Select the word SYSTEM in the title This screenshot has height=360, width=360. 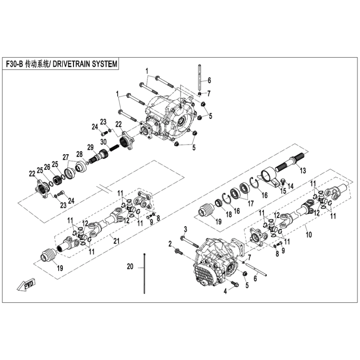click(105, 64)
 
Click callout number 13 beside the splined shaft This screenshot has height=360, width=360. click(303, 170)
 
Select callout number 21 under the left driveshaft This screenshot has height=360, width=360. click(116, 241)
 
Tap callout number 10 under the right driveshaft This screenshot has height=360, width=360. click(310, 234)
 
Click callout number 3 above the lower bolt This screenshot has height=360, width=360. click(185, 228)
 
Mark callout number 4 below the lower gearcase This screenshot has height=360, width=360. click(225, 292)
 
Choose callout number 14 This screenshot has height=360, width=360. click(291, 186)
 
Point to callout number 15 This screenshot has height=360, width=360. click(282, 192)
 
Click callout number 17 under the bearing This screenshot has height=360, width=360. click(251, 203)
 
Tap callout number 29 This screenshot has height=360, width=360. click(89, 147)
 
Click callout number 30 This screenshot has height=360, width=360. click(103, 142)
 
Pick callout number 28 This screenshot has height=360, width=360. click(79, 153)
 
